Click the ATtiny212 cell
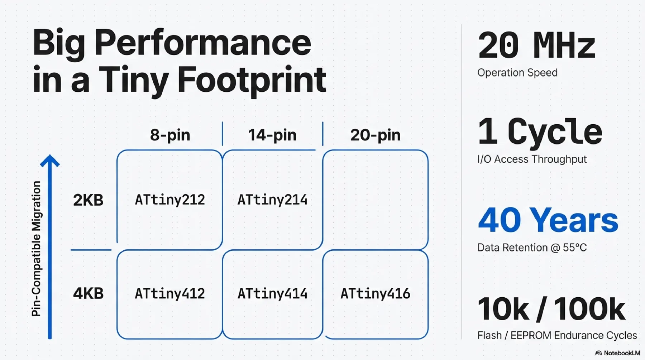[x=170, y=200]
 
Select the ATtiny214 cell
[x=272, y=200]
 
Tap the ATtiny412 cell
[x=170, y=294]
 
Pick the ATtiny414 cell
[x=272, y=294]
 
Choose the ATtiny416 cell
[x=375, y=294]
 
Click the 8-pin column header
[x=170, y=135]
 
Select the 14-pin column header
[x=272, y=135]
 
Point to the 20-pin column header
[x=375, y=135]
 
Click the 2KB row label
[x=88, y=200]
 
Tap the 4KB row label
[x=88, y=293]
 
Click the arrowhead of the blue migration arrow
[x=50, y=160]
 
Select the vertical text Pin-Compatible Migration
[x=36, y=249]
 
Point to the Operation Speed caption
[x=517, y=73]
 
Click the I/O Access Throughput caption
[x=532, y=159]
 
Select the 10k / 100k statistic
[x=551, y=309]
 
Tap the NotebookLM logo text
[x=622, y=353]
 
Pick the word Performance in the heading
[x=203, y=43]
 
